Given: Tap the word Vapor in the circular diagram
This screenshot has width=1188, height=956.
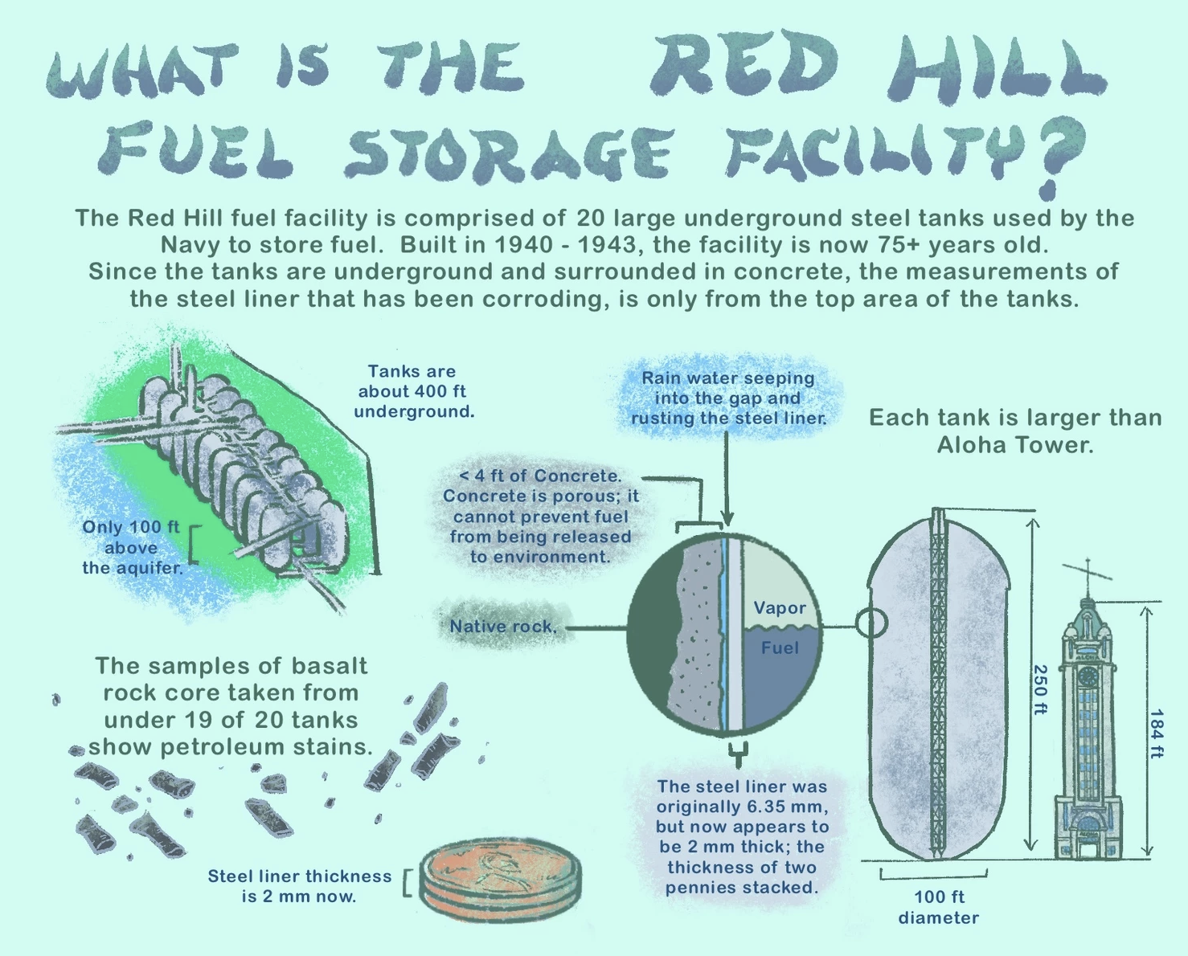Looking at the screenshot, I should point(779,608).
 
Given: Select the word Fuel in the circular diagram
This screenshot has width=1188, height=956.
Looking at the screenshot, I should point(779,648).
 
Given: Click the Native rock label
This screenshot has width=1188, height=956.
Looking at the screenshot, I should point(502,627).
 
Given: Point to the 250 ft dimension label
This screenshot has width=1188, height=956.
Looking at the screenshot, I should point(1039,689).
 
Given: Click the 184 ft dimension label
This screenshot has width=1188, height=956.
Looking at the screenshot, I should point(1157,733).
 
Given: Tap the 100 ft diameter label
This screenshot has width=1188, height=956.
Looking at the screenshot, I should point(938,907).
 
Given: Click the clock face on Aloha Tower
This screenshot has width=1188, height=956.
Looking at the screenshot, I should point(1088,676).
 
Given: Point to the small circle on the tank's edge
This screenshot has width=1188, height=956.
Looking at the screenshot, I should point(871,623).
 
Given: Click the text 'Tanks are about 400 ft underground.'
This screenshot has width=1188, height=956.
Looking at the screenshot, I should point(413,391).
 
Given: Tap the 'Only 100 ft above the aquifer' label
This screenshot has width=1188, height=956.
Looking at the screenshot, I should point(131,547).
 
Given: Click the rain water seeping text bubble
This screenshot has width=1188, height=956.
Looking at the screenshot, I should point(728,398).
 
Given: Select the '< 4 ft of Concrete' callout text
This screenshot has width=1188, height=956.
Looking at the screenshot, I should point(540,516).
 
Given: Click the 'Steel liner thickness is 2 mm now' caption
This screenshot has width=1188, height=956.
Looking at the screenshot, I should point(299,886).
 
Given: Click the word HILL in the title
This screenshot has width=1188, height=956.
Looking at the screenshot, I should point(997,68).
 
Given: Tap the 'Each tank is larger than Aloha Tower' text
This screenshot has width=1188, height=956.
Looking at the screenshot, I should point(1015,431).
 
